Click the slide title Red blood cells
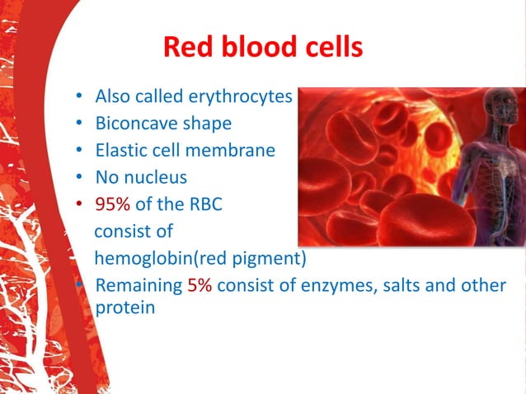262,46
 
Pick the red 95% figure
115,204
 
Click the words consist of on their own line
134,232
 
